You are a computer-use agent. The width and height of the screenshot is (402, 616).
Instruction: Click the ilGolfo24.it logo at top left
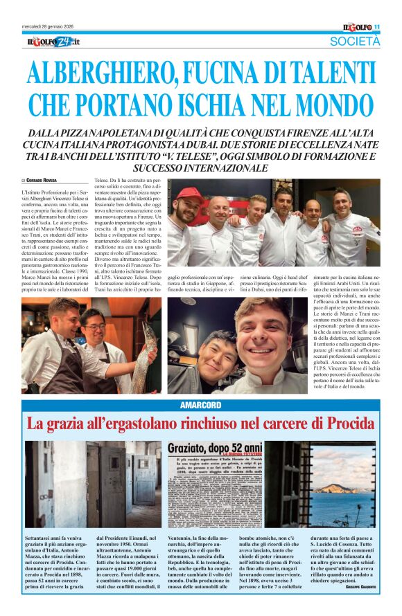[x=54, y=42]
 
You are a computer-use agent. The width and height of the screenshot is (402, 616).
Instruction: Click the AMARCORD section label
[x=201, y=404]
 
